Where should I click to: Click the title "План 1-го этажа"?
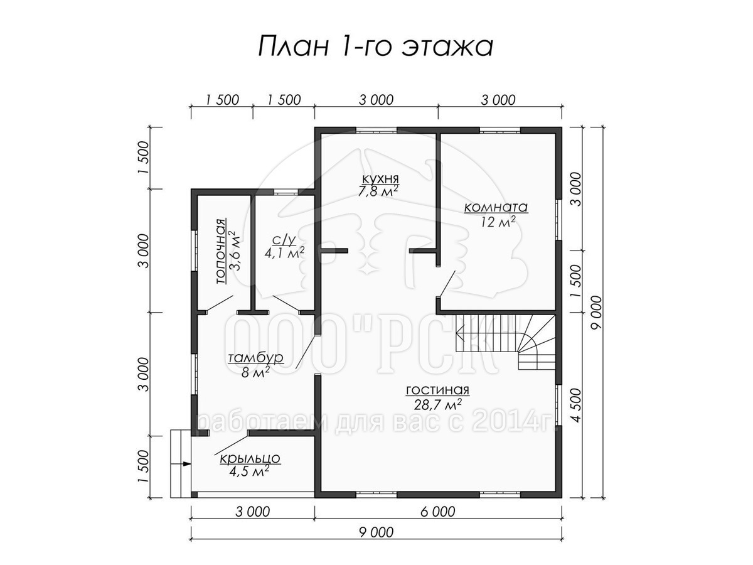coord(376,46)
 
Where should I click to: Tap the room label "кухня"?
coord(380,179)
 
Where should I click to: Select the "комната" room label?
coord(496,208)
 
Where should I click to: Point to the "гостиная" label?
coord(438,390)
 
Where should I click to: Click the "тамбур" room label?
coord(256,358)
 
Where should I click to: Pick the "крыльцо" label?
coord(250,458)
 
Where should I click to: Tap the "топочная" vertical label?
coord(222,251)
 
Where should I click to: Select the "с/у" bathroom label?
coord(284,240)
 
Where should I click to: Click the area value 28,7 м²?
coord(438,405)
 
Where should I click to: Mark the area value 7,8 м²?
coord(378,191)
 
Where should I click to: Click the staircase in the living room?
coord(505,342)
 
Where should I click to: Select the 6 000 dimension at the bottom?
coord(438,512)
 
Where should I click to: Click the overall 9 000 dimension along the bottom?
coord(376,532)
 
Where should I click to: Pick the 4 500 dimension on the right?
coord(577,405)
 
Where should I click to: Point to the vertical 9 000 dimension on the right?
coord(597,312)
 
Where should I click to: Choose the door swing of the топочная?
coord(220,304)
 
